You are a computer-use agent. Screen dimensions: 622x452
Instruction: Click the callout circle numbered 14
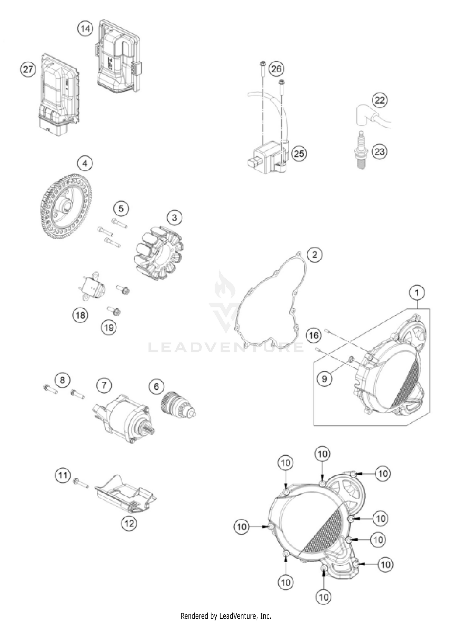(85, 29)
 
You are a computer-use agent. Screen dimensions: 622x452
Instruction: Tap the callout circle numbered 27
(28, 70)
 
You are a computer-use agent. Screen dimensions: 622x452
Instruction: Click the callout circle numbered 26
(276, 69)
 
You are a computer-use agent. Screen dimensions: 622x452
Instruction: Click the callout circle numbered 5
(121, 209)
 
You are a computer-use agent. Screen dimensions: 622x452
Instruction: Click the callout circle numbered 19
(109, 328)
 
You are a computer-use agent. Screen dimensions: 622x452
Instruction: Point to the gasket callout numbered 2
(315, 255)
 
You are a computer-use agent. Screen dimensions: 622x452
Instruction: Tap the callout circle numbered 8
(62, 380)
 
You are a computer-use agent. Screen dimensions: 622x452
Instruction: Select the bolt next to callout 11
(80, 483)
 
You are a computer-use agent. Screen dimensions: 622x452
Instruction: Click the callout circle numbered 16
(314, 335)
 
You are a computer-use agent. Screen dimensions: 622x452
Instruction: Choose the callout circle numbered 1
(417, 293)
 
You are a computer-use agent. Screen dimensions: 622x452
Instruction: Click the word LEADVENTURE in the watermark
(226, 347)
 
